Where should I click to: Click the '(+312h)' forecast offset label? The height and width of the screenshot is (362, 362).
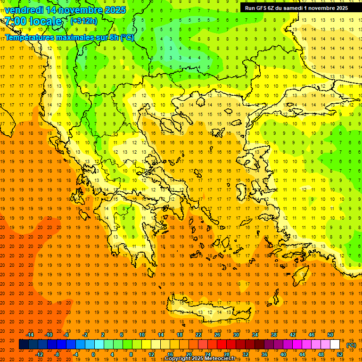coord(84,21)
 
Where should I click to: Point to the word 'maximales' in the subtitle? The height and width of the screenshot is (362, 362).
coord(75,37)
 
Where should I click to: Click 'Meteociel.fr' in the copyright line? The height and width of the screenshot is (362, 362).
coord(223,359)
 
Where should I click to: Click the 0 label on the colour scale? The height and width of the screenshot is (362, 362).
coord(93,354)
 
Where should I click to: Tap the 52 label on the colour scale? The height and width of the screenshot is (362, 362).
coord(340,354)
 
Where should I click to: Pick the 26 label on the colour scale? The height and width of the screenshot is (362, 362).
coord(217,335)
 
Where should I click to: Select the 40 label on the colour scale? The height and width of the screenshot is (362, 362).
coord(283,354)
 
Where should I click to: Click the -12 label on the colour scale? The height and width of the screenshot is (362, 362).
coord(39,354)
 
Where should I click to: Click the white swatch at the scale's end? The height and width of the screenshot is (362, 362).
coord(335,345)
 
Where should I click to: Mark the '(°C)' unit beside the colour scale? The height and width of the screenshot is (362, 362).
coord(352,345)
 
